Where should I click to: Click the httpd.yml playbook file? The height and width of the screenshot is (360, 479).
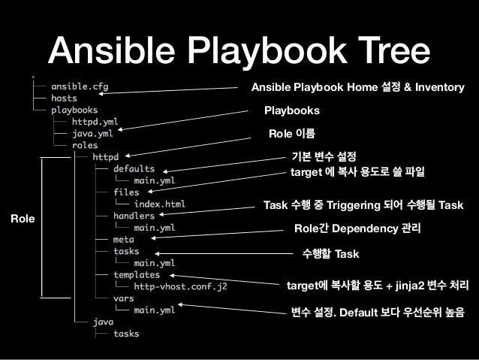95,122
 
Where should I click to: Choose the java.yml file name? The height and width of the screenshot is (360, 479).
92,134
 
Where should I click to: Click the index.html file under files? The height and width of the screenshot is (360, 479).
159,204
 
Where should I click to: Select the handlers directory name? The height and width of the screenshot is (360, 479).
134,215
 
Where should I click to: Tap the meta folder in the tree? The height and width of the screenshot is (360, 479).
123,239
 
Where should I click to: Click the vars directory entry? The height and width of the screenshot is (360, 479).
123,298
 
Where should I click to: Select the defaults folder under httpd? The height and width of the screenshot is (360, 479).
134,169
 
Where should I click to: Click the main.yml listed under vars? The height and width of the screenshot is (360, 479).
154,310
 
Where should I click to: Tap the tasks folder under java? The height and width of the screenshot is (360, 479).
125,334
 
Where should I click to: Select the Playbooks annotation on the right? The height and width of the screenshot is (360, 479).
291,110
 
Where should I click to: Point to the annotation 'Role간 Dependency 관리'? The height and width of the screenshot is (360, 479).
357,228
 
